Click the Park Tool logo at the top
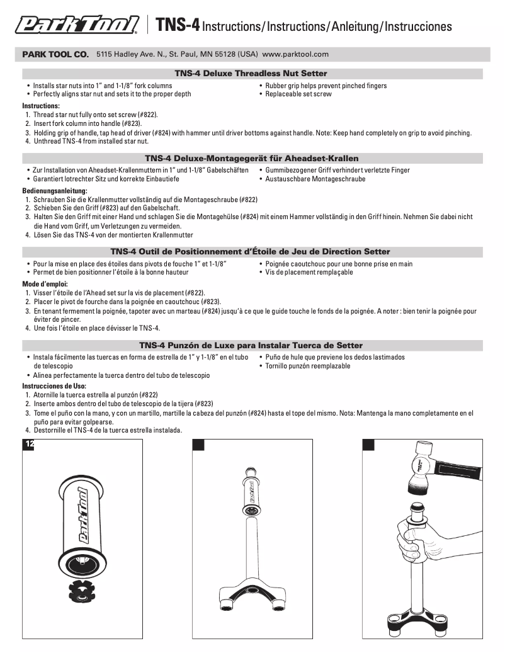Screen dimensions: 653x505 pyautogui.click(x=77, y=25)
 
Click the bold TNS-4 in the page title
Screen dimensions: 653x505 pyautogui.click(x=178, y=25)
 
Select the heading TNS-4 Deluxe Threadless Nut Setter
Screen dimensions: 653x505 pyautogui.click(x=251, y=74)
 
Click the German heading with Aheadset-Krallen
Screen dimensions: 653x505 pyautogui.click(x=251, y=159)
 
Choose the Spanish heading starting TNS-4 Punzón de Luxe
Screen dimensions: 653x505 pyautogui.click(x=251, y=345)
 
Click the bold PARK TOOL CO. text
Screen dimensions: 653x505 pyautogui.click(x=55, y=55)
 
